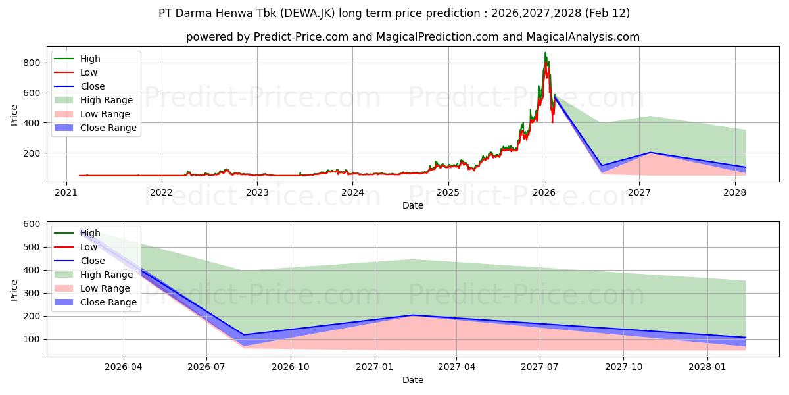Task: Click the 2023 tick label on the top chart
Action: tap(257, 192)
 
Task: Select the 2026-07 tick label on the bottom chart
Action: tap(206, 367)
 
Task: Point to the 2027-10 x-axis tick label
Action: tap(623, 367)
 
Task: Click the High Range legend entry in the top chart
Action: tap(107, 100)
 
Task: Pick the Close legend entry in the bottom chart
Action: tap(92, 261)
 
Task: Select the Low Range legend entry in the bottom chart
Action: tap(105, 288)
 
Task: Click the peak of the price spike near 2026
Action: tap(544, 53)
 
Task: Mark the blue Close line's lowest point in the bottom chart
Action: tap(244, 335)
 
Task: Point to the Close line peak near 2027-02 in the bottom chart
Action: tap(413, 315)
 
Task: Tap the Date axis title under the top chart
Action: tap(413, 205)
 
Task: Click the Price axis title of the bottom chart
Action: tap(14, 290)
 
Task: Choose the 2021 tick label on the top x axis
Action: tap(66, 192)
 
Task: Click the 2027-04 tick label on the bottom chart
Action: tap(457, 367)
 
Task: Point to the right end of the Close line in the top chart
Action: tap(745, 167)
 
